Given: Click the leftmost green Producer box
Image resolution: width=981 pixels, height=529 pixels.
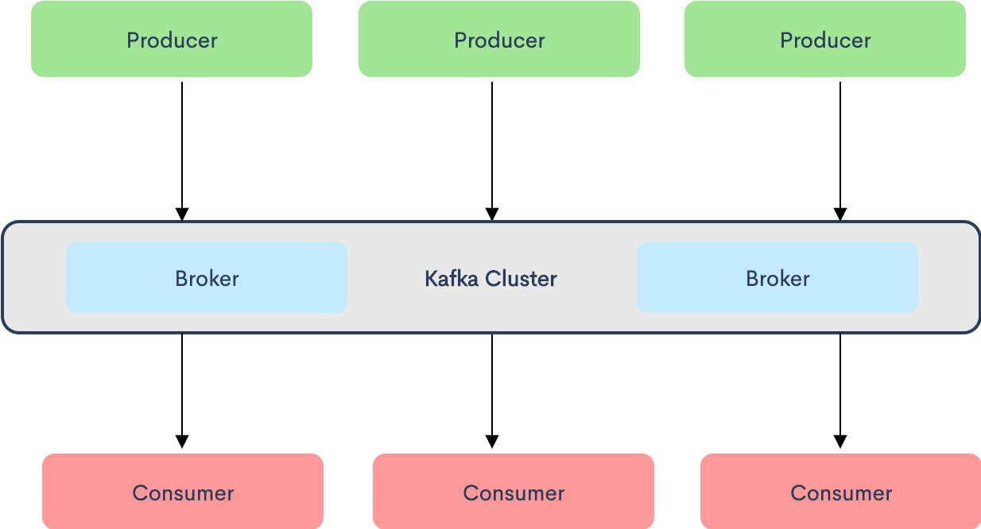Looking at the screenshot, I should (x=172, y=39).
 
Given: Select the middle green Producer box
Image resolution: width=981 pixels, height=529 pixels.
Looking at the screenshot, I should (x=499, y=39).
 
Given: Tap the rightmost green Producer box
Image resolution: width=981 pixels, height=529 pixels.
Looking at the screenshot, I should (x=825, y=39).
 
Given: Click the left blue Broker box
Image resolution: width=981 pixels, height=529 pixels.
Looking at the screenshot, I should (x=207, y=277).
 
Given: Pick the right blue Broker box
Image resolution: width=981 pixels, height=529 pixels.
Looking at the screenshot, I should (x=777, y=277).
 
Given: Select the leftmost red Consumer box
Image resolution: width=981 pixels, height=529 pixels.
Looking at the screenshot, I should (x=183, y=492).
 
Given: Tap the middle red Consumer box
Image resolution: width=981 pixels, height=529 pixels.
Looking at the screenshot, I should (x=514, y=492).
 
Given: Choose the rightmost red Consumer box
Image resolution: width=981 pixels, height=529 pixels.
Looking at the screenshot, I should (x=841, y=492).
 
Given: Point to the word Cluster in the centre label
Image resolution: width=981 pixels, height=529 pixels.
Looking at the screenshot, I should (x=522, y=279).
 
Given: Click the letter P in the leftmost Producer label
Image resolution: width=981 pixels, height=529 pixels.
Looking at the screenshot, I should (x=133, y=41).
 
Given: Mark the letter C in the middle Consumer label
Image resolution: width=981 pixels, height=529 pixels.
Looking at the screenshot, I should (x=471, y=493).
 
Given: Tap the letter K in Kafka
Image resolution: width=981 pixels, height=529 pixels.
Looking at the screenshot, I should (x=430, y=279).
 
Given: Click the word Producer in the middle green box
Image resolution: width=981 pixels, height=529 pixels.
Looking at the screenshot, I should (x=499, y=41).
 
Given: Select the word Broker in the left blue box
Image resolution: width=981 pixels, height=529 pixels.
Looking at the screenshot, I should (x=207, y=279).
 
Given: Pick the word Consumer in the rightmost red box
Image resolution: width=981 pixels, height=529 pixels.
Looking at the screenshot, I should (x=841, y=493).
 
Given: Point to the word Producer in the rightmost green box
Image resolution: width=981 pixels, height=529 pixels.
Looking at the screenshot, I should (x=825, y=41).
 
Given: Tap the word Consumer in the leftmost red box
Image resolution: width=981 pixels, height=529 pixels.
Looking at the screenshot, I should (x=183, y=493).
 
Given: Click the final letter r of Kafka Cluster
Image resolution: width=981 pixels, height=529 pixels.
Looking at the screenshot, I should (x=553, y=280).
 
